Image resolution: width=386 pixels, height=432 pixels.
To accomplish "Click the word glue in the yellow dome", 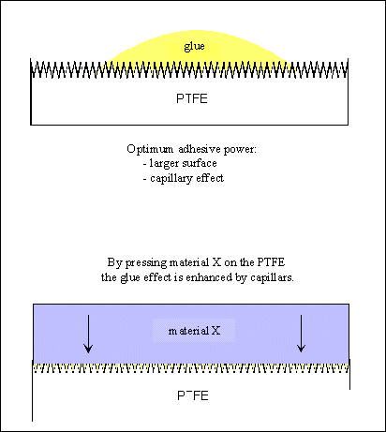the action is click(194, 47).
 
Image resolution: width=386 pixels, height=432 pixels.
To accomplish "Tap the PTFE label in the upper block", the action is click(192, 98).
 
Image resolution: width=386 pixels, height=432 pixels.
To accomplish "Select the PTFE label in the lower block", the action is click(193, 395).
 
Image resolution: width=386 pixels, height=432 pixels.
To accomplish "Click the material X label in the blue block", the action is click(194, 331).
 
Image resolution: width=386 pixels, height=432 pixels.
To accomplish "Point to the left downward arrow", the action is click(88, 334).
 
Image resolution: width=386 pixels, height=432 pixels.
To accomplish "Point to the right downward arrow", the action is click(301, 334).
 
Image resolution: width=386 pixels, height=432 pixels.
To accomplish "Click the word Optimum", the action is click(150, 149).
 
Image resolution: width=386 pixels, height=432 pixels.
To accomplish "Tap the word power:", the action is click(240, 150).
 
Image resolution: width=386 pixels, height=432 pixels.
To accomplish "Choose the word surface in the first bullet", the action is click(200, 163).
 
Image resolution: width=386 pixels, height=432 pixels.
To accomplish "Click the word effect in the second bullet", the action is click(210, 178).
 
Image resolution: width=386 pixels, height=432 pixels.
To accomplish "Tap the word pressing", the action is click(146, 262).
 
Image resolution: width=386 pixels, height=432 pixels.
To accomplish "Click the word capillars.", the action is click(272, 277).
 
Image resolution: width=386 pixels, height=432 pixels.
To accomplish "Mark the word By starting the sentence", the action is click(114, 262).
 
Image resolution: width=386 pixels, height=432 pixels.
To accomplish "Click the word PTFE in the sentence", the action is click(271, 262).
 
